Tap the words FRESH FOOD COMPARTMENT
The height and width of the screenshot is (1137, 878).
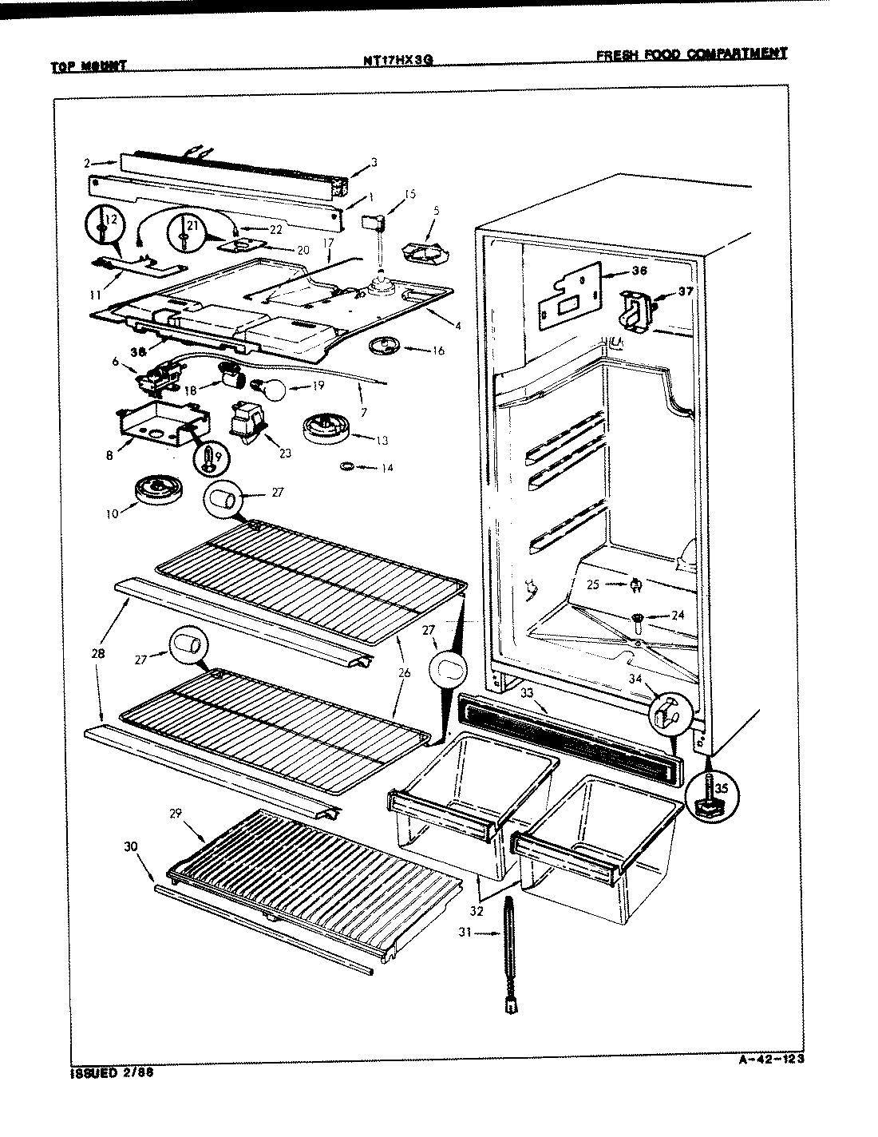[x=691, y=54]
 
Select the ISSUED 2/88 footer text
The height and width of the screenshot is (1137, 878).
[x=107, y=1073]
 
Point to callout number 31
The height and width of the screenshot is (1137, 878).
[x=466, y=932]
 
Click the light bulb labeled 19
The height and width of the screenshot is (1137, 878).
[x=271, y=390]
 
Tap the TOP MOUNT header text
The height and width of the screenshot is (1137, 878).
[x=89, y=67]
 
